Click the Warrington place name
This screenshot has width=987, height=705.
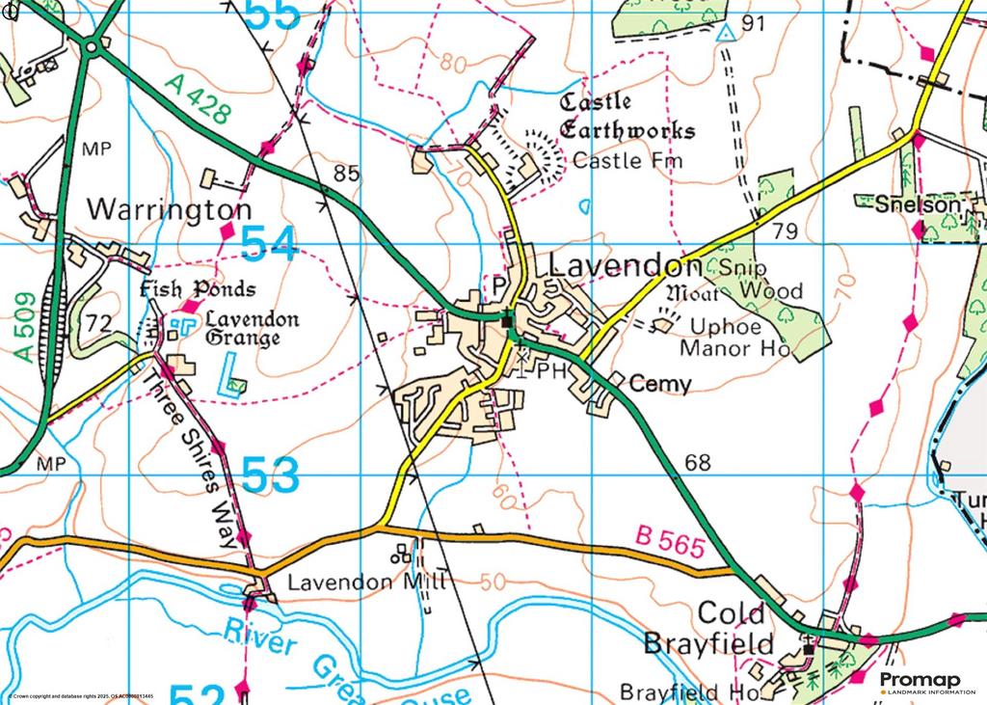[170, 209]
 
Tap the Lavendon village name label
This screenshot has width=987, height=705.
[625, 266]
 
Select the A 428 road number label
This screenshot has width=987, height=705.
[198, 99]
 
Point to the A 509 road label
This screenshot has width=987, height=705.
[26, 327]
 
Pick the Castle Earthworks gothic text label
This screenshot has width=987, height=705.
[627, 116]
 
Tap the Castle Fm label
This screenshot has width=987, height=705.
[627, 160]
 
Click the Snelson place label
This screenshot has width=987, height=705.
[918, 204]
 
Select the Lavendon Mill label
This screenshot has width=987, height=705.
[327, 582]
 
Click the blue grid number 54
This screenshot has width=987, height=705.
[268, 243]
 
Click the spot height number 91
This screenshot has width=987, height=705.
[753, 23]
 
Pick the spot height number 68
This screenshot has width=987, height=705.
[698, 462]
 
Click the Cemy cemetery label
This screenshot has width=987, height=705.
[660, 384]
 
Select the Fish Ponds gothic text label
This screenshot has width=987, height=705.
[198, 289]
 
